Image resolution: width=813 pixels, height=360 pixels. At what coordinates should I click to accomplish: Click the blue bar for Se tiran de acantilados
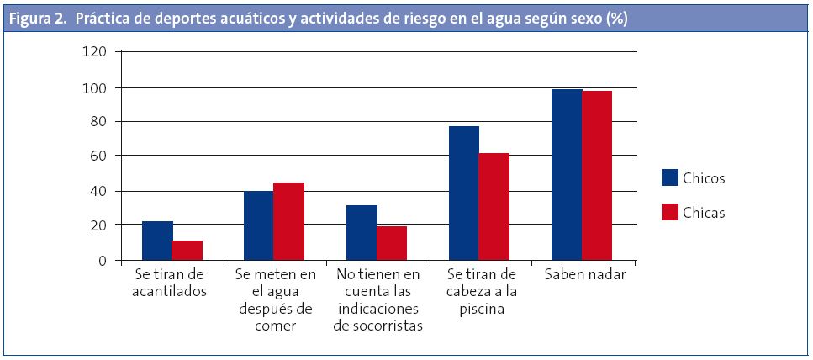point(157,241)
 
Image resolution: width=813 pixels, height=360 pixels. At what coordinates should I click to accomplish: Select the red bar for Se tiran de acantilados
point(187,251)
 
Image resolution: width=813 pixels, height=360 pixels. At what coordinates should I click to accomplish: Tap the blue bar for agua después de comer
point(259,225)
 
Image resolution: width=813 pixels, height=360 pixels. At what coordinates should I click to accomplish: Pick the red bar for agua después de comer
point(289,221)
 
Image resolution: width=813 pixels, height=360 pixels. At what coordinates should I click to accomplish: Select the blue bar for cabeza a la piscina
point(464,193)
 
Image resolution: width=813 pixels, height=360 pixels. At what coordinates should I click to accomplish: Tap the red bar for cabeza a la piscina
point(494,206)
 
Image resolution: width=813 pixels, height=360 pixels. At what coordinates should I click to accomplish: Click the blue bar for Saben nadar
point(567,174)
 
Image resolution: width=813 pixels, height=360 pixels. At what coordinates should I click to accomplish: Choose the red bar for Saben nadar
point(596,175)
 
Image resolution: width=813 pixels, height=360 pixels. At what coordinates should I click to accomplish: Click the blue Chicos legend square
point(670,177)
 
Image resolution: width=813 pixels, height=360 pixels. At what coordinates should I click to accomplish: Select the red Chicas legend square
point(670,212)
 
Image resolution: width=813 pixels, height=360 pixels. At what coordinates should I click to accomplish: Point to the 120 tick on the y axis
point(95,52)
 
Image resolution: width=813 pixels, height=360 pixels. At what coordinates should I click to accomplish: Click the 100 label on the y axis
point(95,87)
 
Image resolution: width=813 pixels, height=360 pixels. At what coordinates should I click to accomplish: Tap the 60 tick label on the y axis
point(99,156)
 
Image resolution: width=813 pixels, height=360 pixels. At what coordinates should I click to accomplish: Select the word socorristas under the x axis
point(377,326)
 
